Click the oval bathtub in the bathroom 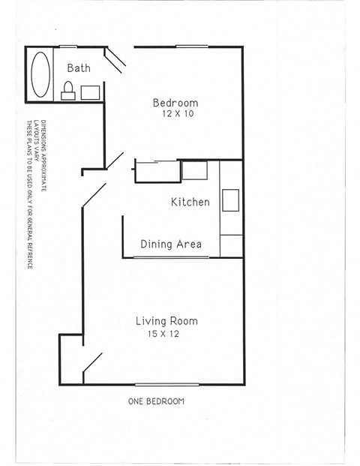[x=40, y=73]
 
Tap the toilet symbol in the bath [x=67, y=91]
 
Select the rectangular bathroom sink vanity [x=91, y=92]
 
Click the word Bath [x=79, y=68]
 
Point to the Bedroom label [x=175, y=103]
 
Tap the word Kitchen [x=190, y=202]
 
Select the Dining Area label [x=172, y=244]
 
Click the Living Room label [x=166, y=321]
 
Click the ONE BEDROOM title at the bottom [x=156, y=401]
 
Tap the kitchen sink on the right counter [x=231, y=201]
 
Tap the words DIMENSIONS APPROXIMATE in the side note [x=43, y=154]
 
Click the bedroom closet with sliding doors [x=156, y=171]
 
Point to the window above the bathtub [x=68, y=47]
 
